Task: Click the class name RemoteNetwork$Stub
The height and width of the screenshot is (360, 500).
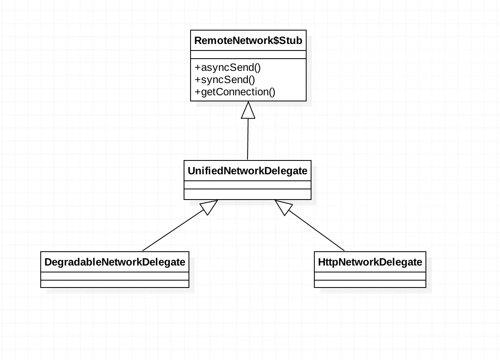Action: [x=248, y=41]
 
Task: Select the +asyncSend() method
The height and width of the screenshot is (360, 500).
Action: [x=228, y=68]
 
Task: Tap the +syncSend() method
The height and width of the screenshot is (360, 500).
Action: [x=225, y=80]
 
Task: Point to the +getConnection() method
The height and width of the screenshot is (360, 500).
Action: [x=235, y=92]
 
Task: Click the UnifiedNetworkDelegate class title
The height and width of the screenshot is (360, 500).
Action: [x=248, y=171]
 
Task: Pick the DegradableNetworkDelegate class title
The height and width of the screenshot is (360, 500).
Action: [x=115, y=262]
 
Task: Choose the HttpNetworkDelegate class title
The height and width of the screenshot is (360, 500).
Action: [x=370, y=262]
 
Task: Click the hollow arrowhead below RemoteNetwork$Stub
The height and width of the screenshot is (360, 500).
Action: [x=248, y=110]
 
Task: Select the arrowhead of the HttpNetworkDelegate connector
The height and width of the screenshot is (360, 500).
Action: [x=283, y=207]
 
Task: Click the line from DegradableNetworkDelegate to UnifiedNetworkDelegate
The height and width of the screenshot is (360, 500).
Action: [x=173, y=230]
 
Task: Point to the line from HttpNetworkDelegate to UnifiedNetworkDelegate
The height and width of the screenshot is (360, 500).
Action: [x=316, y=230]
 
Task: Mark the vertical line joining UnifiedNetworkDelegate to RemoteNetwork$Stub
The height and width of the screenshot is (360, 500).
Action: [x=248, y=139]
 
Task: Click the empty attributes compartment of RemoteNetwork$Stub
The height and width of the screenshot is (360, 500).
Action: [x=248, y=55]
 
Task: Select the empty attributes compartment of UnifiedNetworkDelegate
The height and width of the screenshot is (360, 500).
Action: [x=248, y=185]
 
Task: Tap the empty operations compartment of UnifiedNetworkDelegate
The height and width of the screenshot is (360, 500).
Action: [x=248, y=194]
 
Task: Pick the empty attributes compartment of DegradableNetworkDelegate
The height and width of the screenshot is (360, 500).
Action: [x=115, y=276]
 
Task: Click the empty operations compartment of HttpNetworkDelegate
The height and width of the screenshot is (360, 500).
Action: [x=370, y=284]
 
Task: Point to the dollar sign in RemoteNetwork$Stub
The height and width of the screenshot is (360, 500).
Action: [x=276, y=41]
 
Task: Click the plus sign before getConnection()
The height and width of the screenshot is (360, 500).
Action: [x=197, y=92]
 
